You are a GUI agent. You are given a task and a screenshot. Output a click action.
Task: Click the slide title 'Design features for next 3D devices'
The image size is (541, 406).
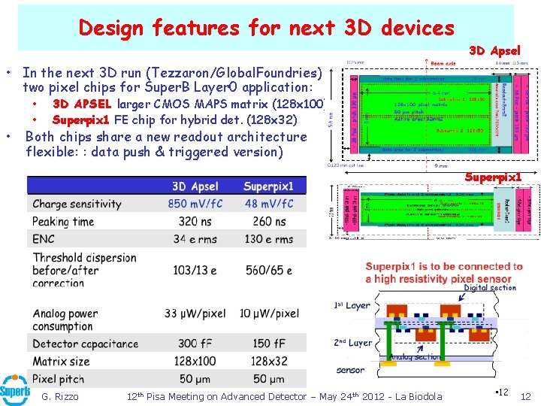click(266, 28)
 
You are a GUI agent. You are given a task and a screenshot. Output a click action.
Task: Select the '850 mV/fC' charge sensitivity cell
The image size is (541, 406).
click(195, 204)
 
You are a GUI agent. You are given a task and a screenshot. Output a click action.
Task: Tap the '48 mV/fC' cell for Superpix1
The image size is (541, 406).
click(268, 204)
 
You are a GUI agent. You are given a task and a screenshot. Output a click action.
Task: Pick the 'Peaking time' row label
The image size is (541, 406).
click(63, 222)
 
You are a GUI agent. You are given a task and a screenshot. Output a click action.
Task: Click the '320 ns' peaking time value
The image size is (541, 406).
click(195, 222)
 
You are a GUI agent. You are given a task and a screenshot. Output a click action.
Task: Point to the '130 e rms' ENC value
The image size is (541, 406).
click(268, 239)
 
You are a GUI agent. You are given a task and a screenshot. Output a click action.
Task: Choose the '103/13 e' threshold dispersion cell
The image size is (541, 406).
click(195, 270)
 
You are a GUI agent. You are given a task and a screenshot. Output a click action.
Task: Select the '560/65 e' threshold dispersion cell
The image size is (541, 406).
click(268, 270)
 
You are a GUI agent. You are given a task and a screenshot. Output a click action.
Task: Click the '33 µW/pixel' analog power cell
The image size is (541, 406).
click(195, 314)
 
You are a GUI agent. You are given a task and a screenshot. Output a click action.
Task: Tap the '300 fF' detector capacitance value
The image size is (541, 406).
click(195, 344)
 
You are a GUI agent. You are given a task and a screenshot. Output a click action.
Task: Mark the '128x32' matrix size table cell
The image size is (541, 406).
click(268, 361)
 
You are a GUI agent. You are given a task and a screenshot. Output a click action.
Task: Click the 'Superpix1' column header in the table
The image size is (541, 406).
click(268, 186)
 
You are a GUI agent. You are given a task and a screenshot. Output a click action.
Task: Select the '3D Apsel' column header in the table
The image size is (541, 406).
click(195, 186)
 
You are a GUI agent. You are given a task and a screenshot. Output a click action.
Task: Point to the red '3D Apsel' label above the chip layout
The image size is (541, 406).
click(494, 51)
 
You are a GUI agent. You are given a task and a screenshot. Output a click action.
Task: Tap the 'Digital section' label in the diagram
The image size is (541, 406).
click(490, 287)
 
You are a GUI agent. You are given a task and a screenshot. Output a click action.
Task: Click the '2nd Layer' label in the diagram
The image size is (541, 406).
click(352, 342)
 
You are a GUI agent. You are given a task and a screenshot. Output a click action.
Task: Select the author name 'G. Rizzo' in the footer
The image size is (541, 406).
click(60, 396)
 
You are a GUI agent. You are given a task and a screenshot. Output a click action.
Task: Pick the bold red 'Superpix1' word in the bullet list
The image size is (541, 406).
click(81, 120)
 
